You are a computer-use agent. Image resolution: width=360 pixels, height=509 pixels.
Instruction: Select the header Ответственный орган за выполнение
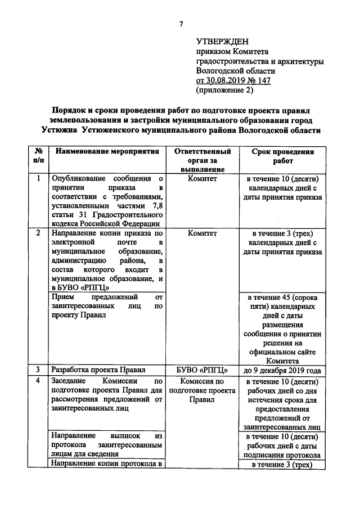[x=202, y=160]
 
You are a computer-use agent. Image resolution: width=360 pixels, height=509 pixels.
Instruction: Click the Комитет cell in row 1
[x=202, y=179]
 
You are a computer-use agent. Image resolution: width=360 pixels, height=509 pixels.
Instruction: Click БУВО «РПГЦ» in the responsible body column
[x=202, y=370]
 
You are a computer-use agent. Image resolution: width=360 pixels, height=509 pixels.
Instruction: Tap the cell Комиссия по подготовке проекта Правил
[x=202, y=390]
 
